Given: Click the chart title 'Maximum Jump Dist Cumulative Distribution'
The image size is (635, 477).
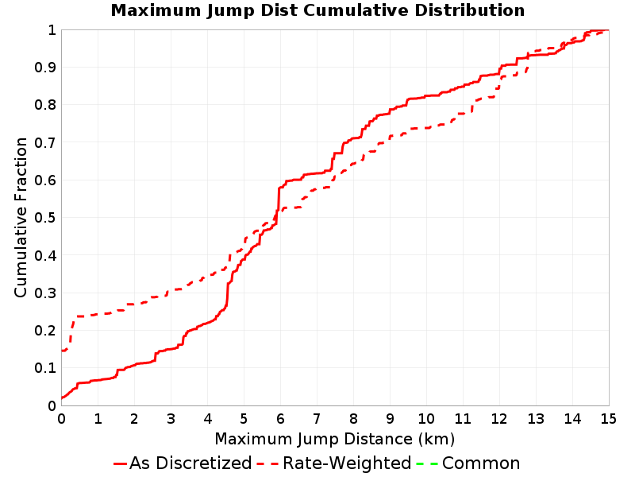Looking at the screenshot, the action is tap(317, 10).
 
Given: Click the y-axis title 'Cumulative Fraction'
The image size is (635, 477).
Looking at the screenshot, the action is tap(21, 217).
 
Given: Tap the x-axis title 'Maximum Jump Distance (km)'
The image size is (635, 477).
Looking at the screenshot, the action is tap(334, 440).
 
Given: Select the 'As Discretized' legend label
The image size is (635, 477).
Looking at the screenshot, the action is tap(190, 463).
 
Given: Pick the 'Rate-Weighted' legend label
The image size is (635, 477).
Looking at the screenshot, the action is tap(347, 463).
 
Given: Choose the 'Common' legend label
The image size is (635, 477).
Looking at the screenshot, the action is tap(481, 463).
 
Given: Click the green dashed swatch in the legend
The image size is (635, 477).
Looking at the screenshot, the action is tap(427, 463).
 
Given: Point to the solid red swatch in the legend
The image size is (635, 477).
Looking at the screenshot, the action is tap(121, 463).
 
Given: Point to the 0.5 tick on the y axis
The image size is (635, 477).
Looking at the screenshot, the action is tap(45, 218).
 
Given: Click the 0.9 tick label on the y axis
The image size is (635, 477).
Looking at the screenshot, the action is tap(45, 68).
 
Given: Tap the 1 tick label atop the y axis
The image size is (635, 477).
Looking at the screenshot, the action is tap(52, 30).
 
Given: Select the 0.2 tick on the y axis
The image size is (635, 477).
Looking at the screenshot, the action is tap(45, 331).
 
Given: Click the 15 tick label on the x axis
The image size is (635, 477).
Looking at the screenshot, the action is tap(608, 419).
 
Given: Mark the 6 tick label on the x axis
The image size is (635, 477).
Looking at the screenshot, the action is tap(280, 419).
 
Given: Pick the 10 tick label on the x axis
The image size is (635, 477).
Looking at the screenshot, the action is tap(426, 419).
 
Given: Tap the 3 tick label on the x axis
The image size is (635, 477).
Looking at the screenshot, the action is tap(171, 419).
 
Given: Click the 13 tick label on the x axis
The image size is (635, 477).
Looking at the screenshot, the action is tap(535, 419).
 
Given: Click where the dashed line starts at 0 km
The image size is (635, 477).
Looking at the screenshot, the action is tap(62, 351).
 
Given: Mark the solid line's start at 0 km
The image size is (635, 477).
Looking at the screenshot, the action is tap(62, 398).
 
